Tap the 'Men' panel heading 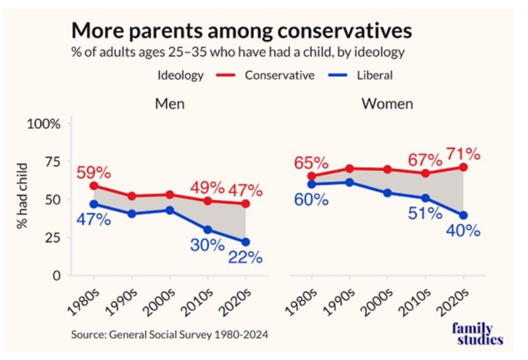pyautogui.click(x=170, y=104)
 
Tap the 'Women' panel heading pyautogui.click(x=387, y=104)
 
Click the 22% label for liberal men pyautogui.click(x=247, y=257)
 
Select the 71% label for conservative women pyautogui.click(x=465, y=154)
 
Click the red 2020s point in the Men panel pyautogui.click(x=245, y=204)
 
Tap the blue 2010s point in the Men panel pyautogui.click(x=208, y=230)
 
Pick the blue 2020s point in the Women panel pyautogui.click(x=463, y=214)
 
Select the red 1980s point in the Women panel pyautogui.click(x=311, y=176)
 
